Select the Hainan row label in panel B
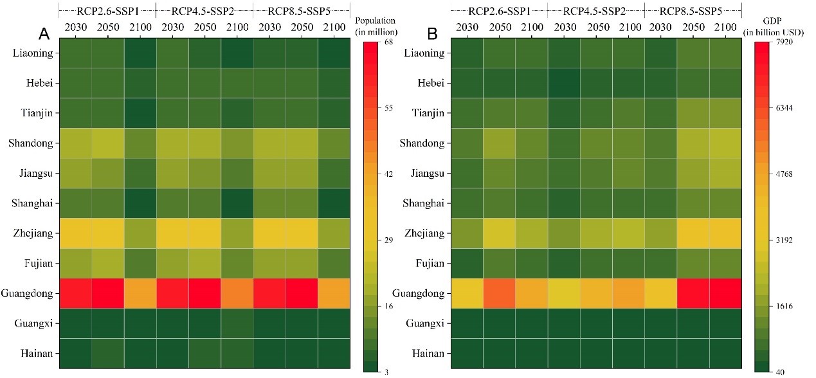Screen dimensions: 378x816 tap(425, 353)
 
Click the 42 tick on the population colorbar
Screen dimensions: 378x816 tap(388, 174)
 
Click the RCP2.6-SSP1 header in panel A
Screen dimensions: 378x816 tap(107, 11)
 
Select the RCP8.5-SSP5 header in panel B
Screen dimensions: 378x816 tap(693, 11)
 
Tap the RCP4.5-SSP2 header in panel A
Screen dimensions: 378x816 tap(204, 11)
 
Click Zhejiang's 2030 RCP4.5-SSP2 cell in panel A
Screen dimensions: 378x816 tap(172, 233)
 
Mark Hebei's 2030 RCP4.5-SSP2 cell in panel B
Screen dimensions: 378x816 tap(564, 83)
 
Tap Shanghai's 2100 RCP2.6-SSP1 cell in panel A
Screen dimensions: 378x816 tap(140, 203)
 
